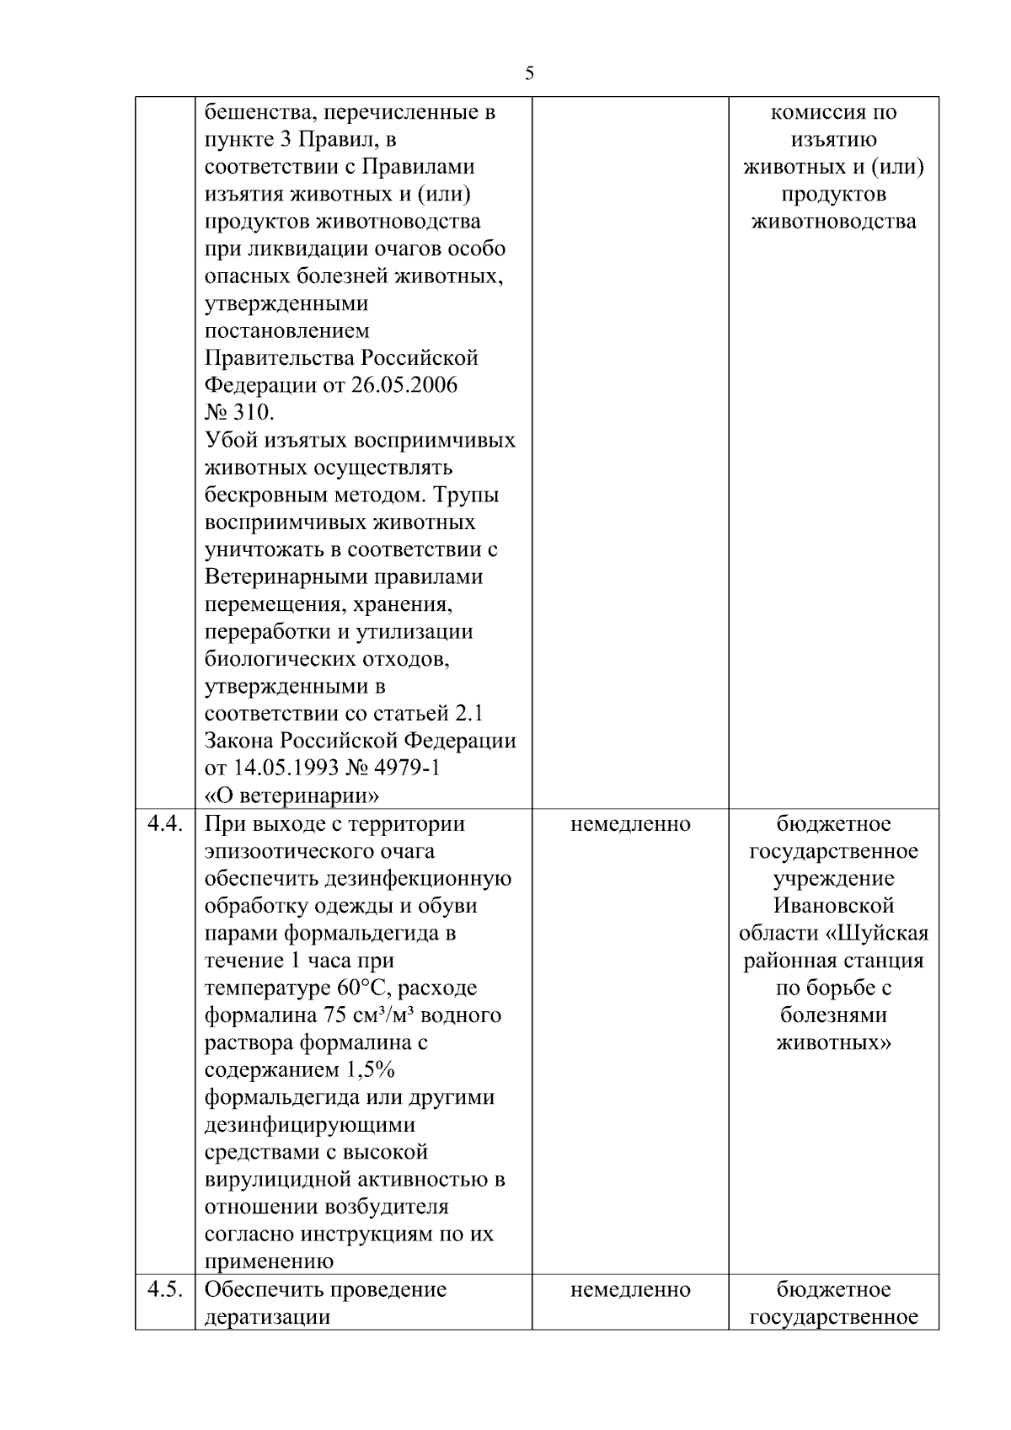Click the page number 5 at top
[x=529, y=73]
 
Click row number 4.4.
[x=164, y=823]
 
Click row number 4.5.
[x=164, y=1289]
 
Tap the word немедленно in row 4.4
[x=630, y=824]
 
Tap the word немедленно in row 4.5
[x=630, y=1290]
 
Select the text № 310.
[x=239, y=413]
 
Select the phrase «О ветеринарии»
[x=292, y=795]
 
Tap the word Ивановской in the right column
[x=833, y=906]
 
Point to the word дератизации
[x=267, y=1317]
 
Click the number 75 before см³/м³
[x=337, y=1015]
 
